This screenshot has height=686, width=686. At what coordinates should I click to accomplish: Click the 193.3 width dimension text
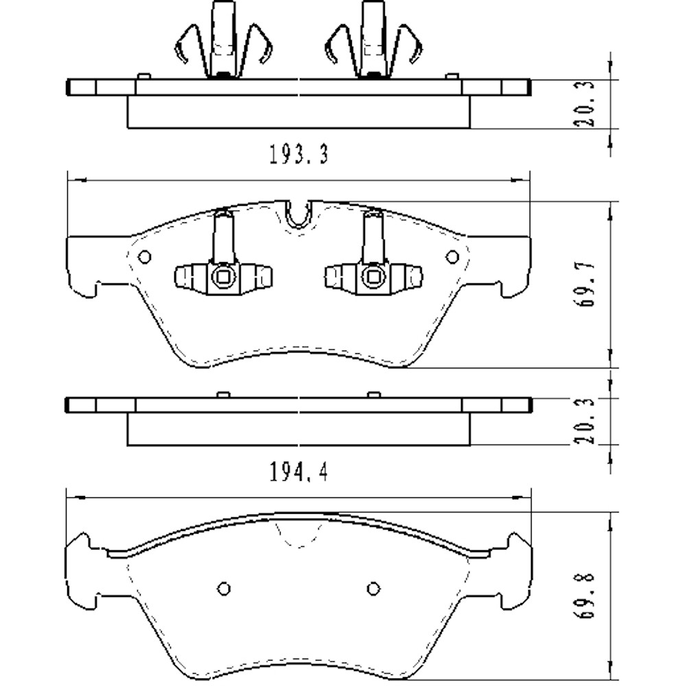pos(298,155)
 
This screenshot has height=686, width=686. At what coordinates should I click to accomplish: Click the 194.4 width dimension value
pos(298,473)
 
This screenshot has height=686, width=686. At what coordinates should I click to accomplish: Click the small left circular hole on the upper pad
pos(144,257)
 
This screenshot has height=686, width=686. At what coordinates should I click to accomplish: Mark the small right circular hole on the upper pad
pos(452,257)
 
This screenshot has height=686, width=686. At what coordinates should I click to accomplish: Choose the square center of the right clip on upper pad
pos(374,277)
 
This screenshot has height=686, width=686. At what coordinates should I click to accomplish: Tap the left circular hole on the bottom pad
pos(224,588)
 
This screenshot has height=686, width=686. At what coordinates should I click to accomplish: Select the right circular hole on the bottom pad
pos(373,588)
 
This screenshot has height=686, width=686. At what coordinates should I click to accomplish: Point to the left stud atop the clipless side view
pos(222,394)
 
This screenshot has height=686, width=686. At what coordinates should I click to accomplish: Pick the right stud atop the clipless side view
pos(373,394)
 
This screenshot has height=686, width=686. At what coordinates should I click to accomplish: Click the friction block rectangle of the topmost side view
pos(298,112)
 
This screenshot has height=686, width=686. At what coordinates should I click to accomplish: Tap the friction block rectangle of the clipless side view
pos(298,429)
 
